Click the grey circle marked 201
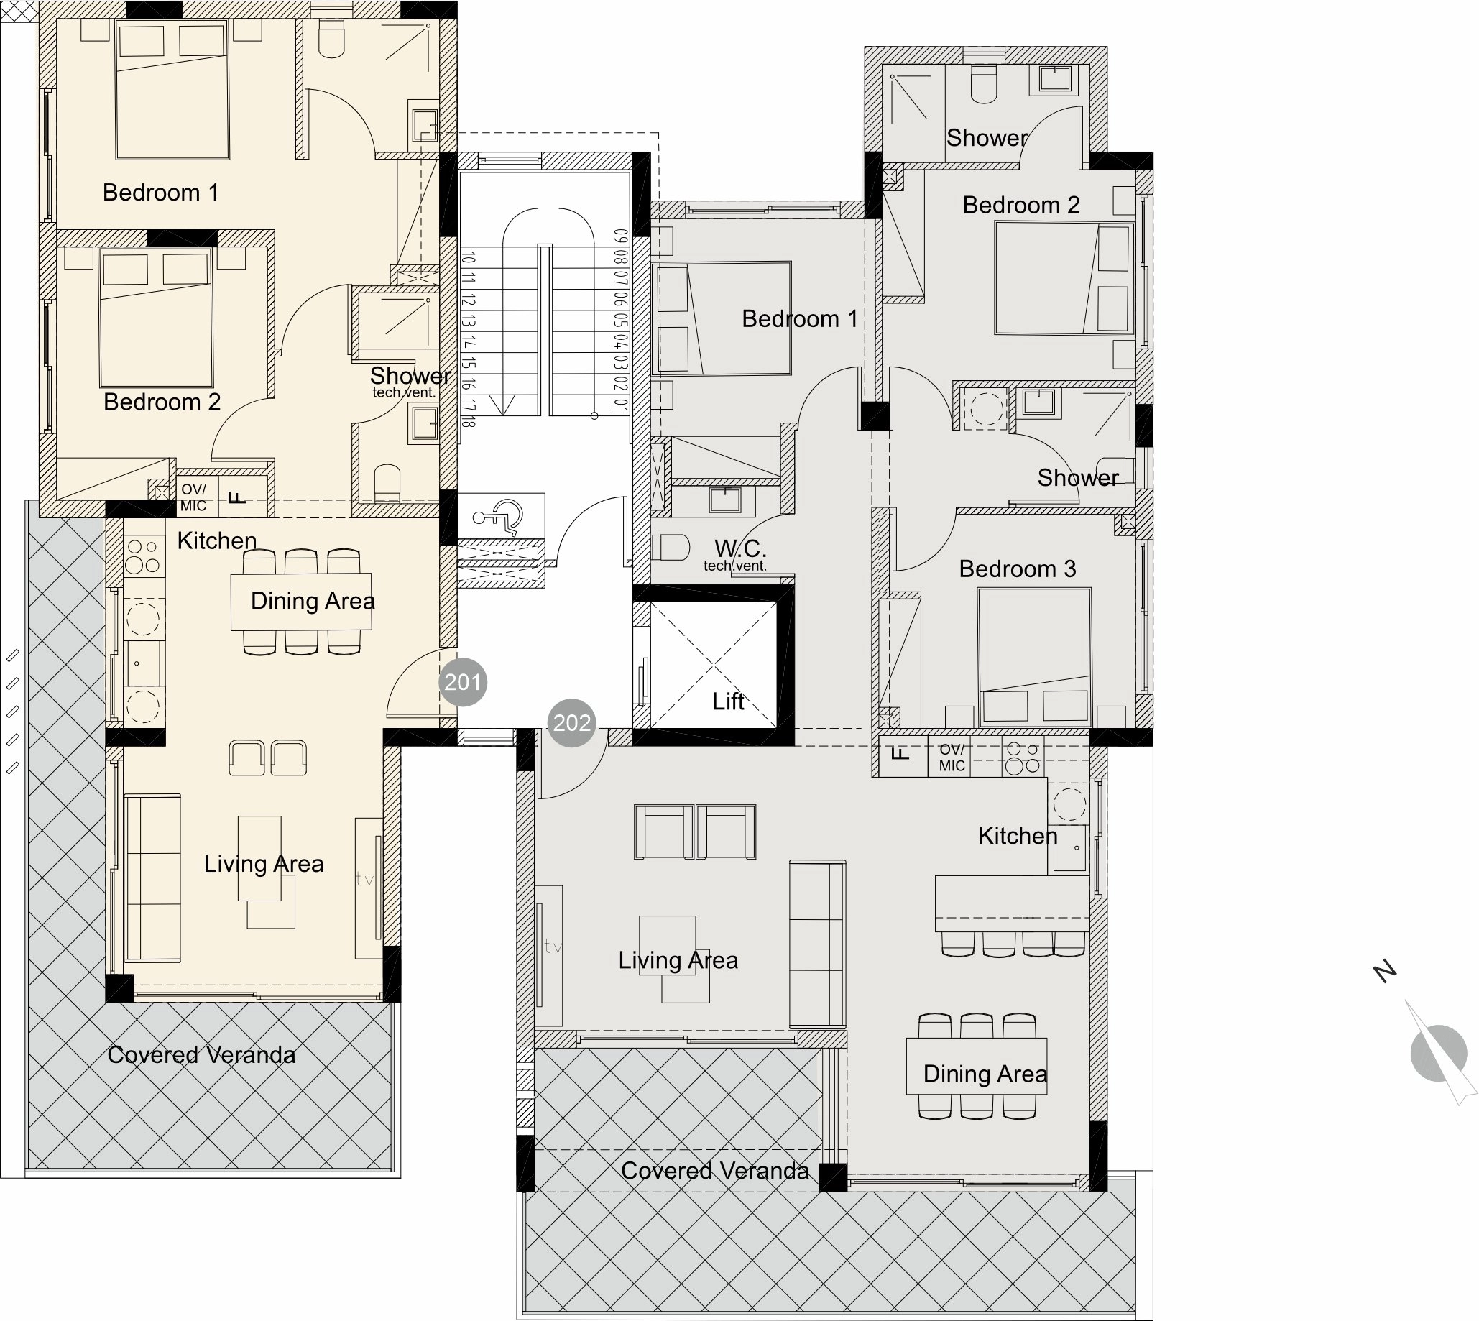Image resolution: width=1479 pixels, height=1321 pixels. (x=463, y=682)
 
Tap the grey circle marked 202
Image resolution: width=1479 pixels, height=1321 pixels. (x=572, y=723)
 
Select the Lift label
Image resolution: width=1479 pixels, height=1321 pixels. (x=728, y=701)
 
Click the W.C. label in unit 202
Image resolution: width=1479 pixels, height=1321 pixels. (x=740, y=548)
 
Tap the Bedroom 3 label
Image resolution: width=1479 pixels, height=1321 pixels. (x=1018, y=569)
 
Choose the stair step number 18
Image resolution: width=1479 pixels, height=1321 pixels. (x=469, y=420)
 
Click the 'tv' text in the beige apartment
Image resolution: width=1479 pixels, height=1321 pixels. (x=364, y=879)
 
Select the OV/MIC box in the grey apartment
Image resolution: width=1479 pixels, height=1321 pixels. (x=952, y=757)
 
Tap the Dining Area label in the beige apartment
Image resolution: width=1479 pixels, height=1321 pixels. (x=313, y=601)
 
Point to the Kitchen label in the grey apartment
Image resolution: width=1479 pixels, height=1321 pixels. (x=1018, y=836)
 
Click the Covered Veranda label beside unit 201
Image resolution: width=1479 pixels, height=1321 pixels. (x=202, y=1054)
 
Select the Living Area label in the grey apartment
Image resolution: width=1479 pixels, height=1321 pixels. (x=678, y=960)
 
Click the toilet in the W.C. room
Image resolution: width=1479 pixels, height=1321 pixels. (x=671, y=547)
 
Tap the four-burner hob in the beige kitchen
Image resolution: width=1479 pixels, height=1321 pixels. (x=144, y=556)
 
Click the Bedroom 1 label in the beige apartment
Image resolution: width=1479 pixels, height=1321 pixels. (x=160, y=193)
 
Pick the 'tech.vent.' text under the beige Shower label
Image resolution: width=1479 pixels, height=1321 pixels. (x=404, y=392)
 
